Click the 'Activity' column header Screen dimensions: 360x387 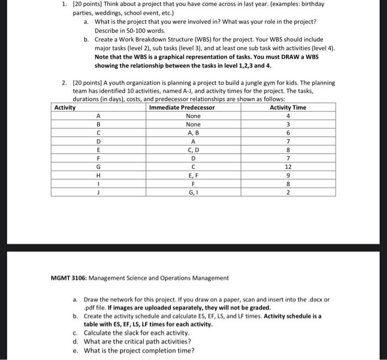65,107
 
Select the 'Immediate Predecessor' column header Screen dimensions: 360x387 182,107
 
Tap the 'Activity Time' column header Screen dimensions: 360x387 287,107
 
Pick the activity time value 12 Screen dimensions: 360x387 287,166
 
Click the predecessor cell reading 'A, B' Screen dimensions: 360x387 193,133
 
